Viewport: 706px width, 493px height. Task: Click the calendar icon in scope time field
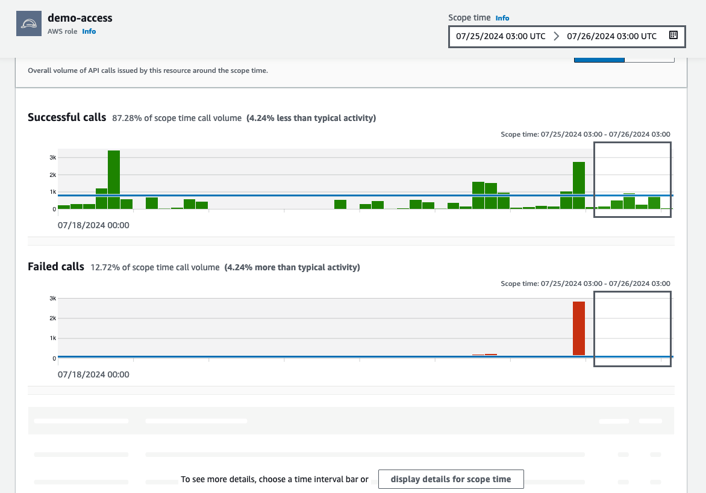pyautogui.click(x=673, y=36)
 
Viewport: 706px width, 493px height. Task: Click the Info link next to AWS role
pyautogui.click(x=89, y=31)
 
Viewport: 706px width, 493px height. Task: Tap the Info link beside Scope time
pyautogui.click(x=502, y=18)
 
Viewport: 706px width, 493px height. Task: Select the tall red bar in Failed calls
pyautogui.click(x=579, y=328)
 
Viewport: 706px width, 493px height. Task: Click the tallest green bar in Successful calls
pyautogui.click(x=114, y=179)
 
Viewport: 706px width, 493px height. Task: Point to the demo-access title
pyautogui.click(x=80, y=17)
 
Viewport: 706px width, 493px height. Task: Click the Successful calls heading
pyautogui.click(x=67, y=117)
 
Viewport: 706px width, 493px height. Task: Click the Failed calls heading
pyautogui.click(x=56, y=267)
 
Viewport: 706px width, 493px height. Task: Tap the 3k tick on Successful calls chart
pyautogui.click(x=52, y=158)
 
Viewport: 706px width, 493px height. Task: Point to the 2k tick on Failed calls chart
pyautogui.click(x=52, y=318)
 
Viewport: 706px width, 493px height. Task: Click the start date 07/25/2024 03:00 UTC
pyautogui.click(x=501, y=36)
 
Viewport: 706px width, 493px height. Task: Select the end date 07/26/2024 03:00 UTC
pyautogui.click(x=611, y=36)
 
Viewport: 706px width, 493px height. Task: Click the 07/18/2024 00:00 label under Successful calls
pyautogui.click(x=93, y=226)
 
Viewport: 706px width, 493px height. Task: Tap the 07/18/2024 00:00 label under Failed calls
pyautogui.click(x=93, y=374)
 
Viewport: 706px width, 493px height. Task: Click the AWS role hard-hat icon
pyautogui.click(x=29, y=24)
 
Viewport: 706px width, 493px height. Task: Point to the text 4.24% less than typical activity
pyautogui.click(x=311, y=118)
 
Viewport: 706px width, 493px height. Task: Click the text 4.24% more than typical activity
pyautogui.click(x=292, y=267)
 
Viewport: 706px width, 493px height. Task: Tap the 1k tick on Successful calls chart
pyautogui.click(x=52, y=192)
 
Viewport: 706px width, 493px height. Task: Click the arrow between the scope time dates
pyautogui.click(x=556, y=36)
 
